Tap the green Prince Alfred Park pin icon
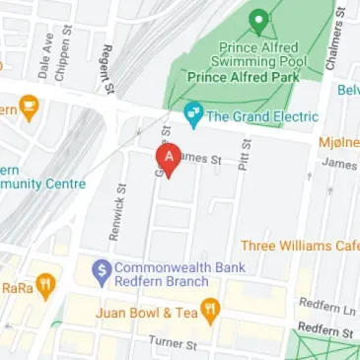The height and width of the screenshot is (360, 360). (259, 20)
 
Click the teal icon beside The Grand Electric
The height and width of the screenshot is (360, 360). (193, 115)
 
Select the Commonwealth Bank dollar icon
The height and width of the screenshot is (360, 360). (100, 268)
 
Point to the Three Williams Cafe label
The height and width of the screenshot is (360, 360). (300, 246)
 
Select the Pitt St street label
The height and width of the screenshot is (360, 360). (243, 154)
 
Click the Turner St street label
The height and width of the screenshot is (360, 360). (173, 343)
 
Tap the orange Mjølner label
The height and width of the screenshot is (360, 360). (338, 142)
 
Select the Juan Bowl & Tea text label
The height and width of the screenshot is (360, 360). (147, 314)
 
